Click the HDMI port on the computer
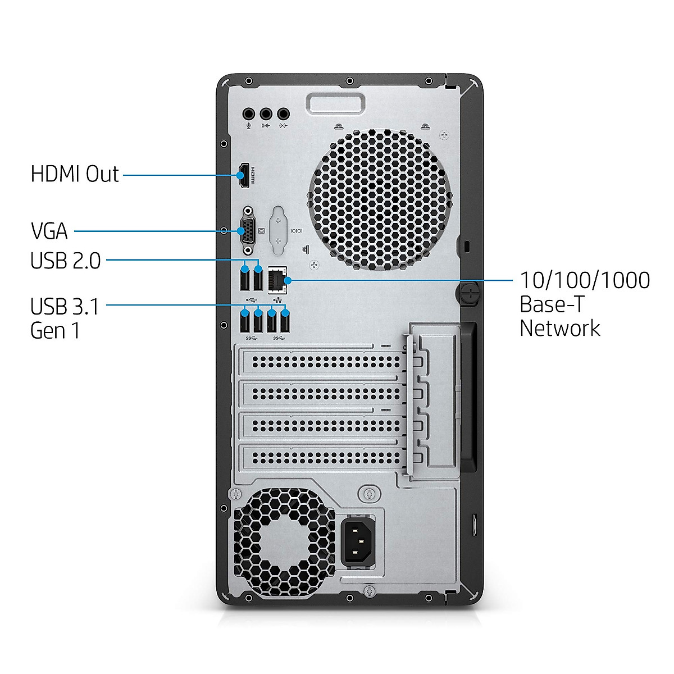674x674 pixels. (244, 175)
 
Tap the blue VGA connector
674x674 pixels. (247, 230)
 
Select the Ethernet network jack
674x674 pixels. (278, 279)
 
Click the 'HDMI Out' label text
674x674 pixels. (75, 174)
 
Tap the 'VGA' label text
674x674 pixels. (49, 231)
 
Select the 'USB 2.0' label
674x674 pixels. (66, 261)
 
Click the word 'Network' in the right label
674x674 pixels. (559, 328)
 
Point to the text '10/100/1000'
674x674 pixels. (585, 280)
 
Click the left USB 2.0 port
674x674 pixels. (244, 279)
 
